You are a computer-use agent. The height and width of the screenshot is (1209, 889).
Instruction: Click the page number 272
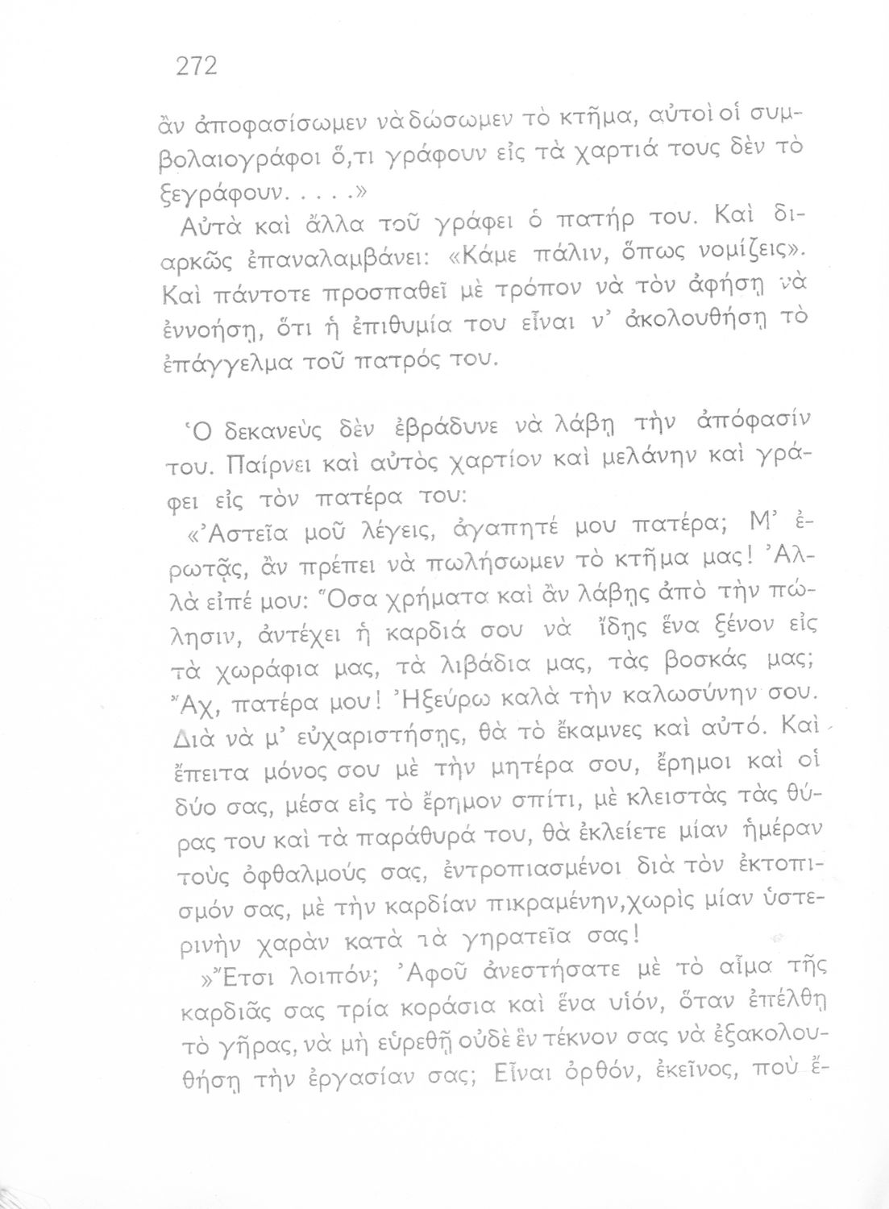coord(197,66)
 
